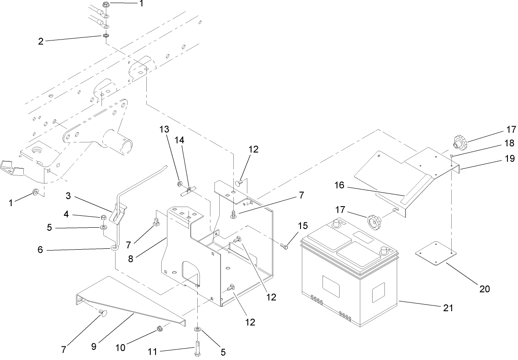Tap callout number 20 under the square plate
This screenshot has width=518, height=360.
(484, 289)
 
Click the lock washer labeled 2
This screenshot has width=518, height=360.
(106, 35)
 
